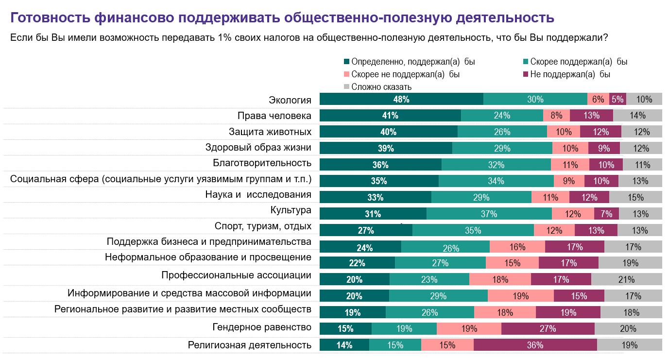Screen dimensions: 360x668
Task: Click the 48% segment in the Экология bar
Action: (x=401, y=99)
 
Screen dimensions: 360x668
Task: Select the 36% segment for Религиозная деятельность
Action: (x=535, y=345)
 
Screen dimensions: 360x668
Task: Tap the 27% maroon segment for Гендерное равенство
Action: (x=548, y=329)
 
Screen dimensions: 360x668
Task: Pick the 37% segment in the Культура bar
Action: (x=489, y=214)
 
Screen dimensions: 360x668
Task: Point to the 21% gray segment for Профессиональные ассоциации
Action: (x=626, y=279)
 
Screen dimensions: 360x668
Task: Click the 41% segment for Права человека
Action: (x=390, y=116)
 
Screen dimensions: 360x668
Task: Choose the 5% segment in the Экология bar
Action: (x=617, y=99)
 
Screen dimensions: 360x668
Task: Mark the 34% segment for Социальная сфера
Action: (x=496, y=181)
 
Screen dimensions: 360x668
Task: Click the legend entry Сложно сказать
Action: (x=377, y=87)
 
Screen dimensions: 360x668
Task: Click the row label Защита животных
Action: (x=270, y=132)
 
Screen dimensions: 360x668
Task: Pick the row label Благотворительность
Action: (x=262, y=163)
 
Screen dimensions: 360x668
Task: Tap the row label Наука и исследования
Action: (x=258, y=195)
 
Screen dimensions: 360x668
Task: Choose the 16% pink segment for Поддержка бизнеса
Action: (x=517, y=247)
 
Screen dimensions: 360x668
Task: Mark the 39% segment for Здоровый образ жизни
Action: (x=386, y=148)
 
